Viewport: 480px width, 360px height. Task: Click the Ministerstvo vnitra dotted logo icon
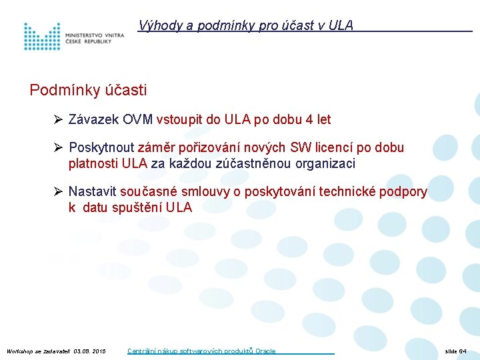click(x=41, y=37)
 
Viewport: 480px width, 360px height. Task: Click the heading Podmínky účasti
click(x=88, y=90)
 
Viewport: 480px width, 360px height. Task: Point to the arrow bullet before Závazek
click(x=58, y=120)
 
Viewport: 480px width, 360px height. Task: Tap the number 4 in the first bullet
click(x=308, y=120)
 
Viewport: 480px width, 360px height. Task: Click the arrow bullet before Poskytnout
click(x=58, y=147)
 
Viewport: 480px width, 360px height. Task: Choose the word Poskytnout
click(x=101, y=147)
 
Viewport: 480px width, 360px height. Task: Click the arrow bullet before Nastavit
click(x=58, y=192)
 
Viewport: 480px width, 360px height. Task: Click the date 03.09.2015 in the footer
click(x=90, y=351)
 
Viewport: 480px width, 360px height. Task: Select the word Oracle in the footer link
click(x=265, y=351)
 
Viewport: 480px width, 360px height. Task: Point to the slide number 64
click(x=463, y=351)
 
